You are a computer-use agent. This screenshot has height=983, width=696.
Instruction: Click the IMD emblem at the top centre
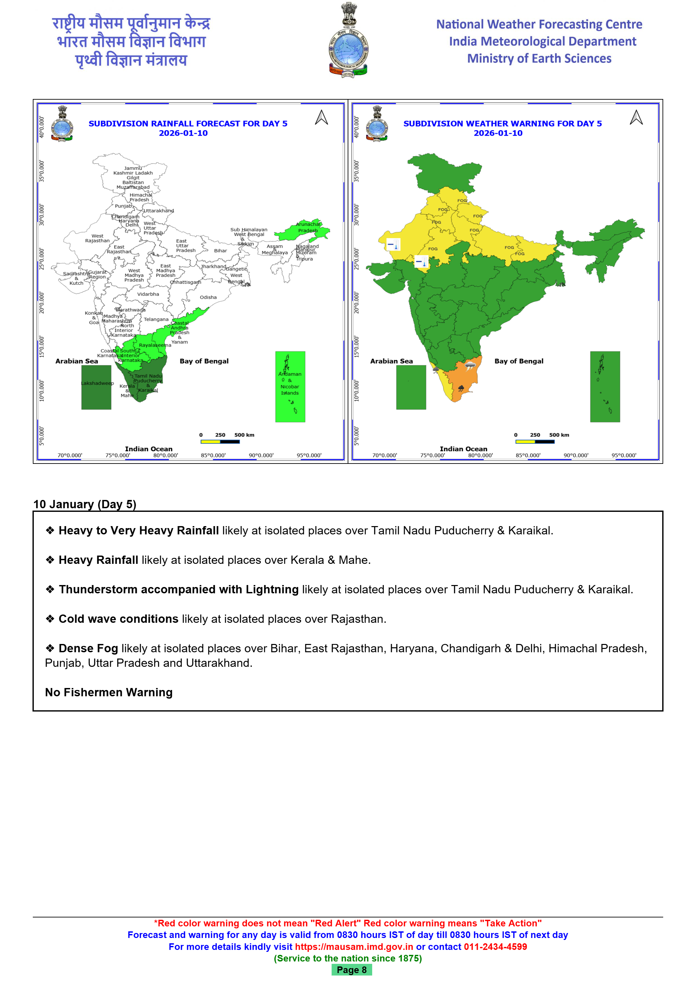(x=348, y=41)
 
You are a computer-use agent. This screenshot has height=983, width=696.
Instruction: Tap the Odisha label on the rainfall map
(x=208, y=297)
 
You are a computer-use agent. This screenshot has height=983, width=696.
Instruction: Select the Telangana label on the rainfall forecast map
(x=156, y=319)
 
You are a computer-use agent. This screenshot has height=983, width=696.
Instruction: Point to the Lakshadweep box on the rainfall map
(x=96, y=387)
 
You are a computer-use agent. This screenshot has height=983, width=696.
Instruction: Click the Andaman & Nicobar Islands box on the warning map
(x=605, y=387)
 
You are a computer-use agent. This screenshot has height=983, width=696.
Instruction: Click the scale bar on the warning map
(x=535, y=441)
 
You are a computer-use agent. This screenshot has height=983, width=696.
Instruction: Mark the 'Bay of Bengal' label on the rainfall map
(x=204, y=361)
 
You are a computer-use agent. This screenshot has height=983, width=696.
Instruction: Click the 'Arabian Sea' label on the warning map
(x=391, y=361)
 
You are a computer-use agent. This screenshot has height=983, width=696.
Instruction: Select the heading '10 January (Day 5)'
(x=85, y=504)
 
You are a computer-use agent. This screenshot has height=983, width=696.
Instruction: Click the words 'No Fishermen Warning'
(x=109, y=692)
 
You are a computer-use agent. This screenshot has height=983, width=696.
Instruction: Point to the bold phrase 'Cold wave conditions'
(x=118, y=619)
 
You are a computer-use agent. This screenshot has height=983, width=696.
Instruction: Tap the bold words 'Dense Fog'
(x=88, y=648)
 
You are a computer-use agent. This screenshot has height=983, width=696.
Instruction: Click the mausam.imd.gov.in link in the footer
(x=354, y=947)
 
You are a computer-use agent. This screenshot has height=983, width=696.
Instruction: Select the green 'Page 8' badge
(x=351, y=970)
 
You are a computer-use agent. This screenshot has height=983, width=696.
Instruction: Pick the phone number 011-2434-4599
(x=495, y=947)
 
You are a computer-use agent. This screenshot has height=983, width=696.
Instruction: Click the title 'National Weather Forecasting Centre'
(x=539, y=25)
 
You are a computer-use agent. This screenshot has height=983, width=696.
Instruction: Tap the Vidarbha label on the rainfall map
(x=148, y=294)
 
